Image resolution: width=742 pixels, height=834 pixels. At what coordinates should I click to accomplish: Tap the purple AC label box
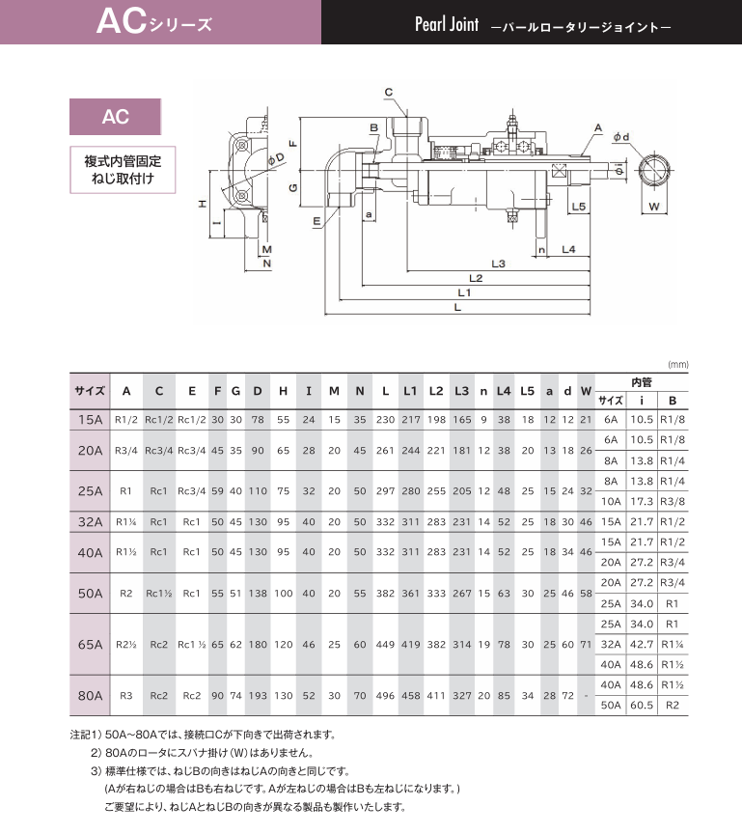click(115, 118)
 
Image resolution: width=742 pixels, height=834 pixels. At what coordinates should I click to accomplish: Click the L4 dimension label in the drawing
click(568, 250)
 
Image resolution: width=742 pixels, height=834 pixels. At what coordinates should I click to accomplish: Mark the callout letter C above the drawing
click(389, 93)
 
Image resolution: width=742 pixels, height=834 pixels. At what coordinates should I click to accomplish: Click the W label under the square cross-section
click(652, 208)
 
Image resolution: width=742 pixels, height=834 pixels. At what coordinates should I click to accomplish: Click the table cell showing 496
click(385, 693)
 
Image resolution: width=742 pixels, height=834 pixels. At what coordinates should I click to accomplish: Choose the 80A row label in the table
click(90, 693)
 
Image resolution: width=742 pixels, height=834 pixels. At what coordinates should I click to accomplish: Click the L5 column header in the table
click(527, 390)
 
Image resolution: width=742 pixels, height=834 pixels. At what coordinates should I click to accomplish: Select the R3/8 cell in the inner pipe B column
click(673, 501)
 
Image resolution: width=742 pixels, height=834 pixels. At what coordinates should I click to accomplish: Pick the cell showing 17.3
click(642, 501)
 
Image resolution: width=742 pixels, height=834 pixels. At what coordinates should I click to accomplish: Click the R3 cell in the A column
click(126, 693)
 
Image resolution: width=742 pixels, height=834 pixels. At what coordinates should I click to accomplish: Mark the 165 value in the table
click(461, 420)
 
